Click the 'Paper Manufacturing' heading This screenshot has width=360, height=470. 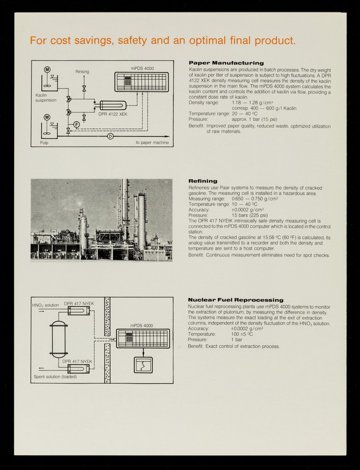(226, 62)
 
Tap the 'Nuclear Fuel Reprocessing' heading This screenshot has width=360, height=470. (236, 300)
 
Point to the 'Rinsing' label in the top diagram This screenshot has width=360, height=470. (82, 71)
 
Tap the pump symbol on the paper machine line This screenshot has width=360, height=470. (111, 136)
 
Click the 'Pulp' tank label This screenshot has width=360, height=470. (44, 143)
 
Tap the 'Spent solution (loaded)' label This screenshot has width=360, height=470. (55, 376)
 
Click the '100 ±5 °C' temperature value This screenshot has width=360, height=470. (242, 334)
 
